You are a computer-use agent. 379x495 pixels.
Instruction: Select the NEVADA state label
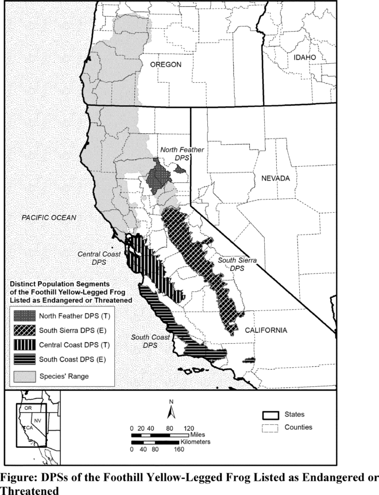tap(276, 178)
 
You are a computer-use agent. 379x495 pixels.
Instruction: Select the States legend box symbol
tap(270, 415)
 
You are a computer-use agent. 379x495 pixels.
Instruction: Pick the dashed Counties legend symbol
tap(270, 428)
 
